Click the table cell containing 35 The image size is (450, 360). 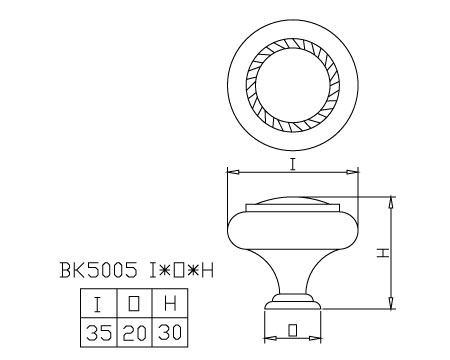[x=99, y=332]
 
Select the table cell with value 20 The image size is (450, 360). [x=134, y=332]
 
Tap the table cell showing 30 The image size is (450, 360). [x=170, y=332]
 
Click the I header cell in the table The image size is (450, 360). [x=99, y=303]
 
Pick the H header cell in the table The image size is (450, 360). [x=170, y=303]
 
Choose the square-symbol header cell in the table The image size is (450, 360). [x=134, y=303]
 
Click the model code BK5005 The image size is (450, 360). [x=98, y=270]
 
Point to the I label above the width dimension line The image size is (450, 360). [x=293, y=164]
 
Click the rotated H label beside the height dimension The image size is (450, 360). [x=383, y=252]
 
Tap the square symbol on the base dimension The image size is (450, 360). [x=293, y=330]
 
